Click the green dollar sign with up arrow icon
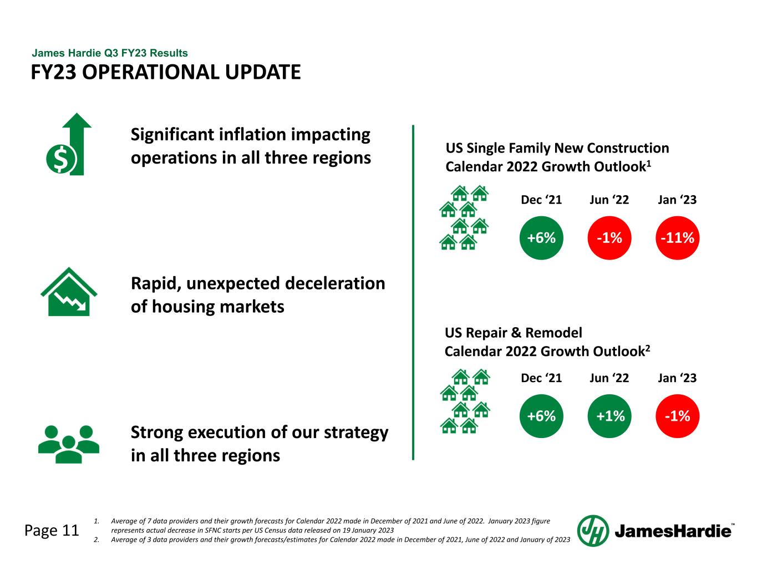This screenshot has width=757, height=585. coord(69,145)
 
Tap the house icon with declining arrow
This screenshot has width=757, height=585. coord(69,293)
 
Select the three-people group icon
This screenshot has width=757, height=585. coord(69,444)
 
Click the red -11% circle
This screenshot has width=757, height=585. coord(677,238)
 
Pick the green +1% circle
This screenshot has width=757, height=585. coord(609,416)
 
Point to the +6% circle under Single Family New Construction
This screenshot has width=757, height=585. coord(541,238)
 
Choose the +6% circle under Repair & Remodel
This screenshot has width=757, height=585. coord(541,416)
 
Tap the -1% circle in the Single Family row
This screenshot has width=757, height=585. coord(609,238)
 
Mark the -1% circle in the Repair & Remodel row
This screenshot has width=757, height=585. coord(677,416)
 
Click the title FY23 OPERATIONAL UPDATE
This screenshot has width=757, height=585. coord(166,72)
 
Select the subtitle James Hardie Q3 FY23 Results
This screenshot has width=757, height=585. coord(110,53)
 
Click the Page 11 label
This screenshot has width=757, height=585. coord(52,531)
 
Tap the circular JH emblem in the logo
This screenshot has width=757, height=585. coord(593,531)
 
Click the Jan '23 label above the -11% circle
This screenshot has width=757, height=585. coord(677,200)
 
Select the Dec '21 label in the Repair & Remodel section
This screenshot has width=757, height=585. coord(541,378)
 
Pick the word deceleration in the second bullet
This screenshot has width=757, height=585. coord(334,283)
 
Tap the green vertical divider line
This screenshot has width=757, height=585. coord(413,292)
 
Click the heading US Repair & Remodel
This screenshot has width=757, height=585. coord(514,333)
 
